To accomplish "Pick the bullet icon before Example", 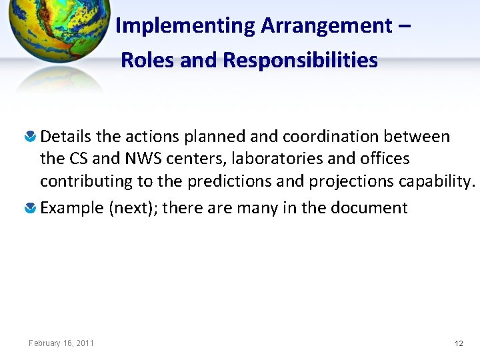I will pos(31,209).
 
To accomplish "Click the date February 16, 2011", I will pos(61,343).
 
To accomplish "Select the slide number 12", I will pos(459,343).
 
